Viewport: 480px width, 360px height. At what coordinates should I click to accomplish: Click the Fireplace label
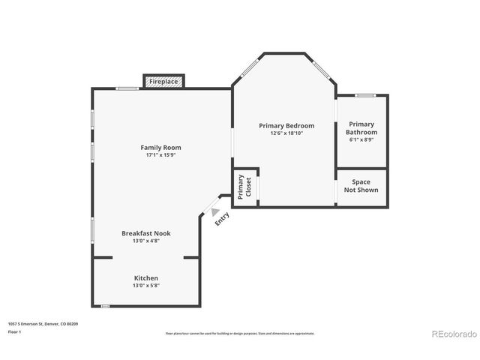click(x=163, y=81)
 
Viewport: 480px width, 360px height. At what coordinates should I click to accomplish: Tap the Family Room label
click(x=161, y=148)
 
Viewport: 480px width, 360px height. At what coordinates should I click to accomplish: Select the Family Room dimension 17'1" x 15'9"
click(x=161, y=155)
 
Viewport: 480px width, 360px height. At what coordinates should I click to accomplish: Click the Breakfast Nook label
click(x=146, y=233)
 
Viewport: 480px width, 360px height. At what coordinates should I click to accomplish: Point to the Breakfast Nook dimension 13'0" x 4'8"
click(x=146, y=241)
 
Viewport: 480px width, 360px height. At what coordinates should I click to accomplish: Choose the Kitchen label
click(x=146, y=277)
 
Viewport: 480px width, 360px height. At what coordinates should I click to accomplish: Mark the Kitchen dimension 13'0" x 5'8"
click(x=146, y=285)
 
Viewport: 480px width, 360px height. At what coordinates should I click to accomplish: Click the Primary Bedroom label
click(x=286, y=125)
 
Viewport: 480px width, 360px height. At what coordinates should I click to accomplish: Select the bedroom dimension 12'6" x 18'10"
click(x=286, y=133)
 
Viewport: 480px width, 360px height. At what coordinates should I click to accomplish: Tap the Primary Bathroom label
click(x=361, y=127)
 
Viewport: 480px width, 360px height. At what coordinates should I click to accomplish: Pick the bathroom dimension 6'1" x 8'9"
click(x=361, y=139)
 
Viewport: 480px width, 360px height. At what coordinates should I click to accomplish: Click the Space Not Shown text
click(x=361, y=186)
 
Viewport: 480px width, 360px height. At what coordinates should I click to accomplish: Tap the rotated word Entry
click(x=223, y=218)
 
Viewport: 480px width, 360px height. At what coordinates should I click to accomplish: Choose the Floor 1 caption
click(x=14, y=331)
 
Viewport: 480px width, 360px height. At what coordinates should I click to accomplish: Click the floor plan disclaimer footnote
click(x=240, y=333)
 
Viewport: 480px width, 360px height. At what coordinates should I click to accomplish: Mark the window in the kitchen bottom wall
click(x=105, y=305)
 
